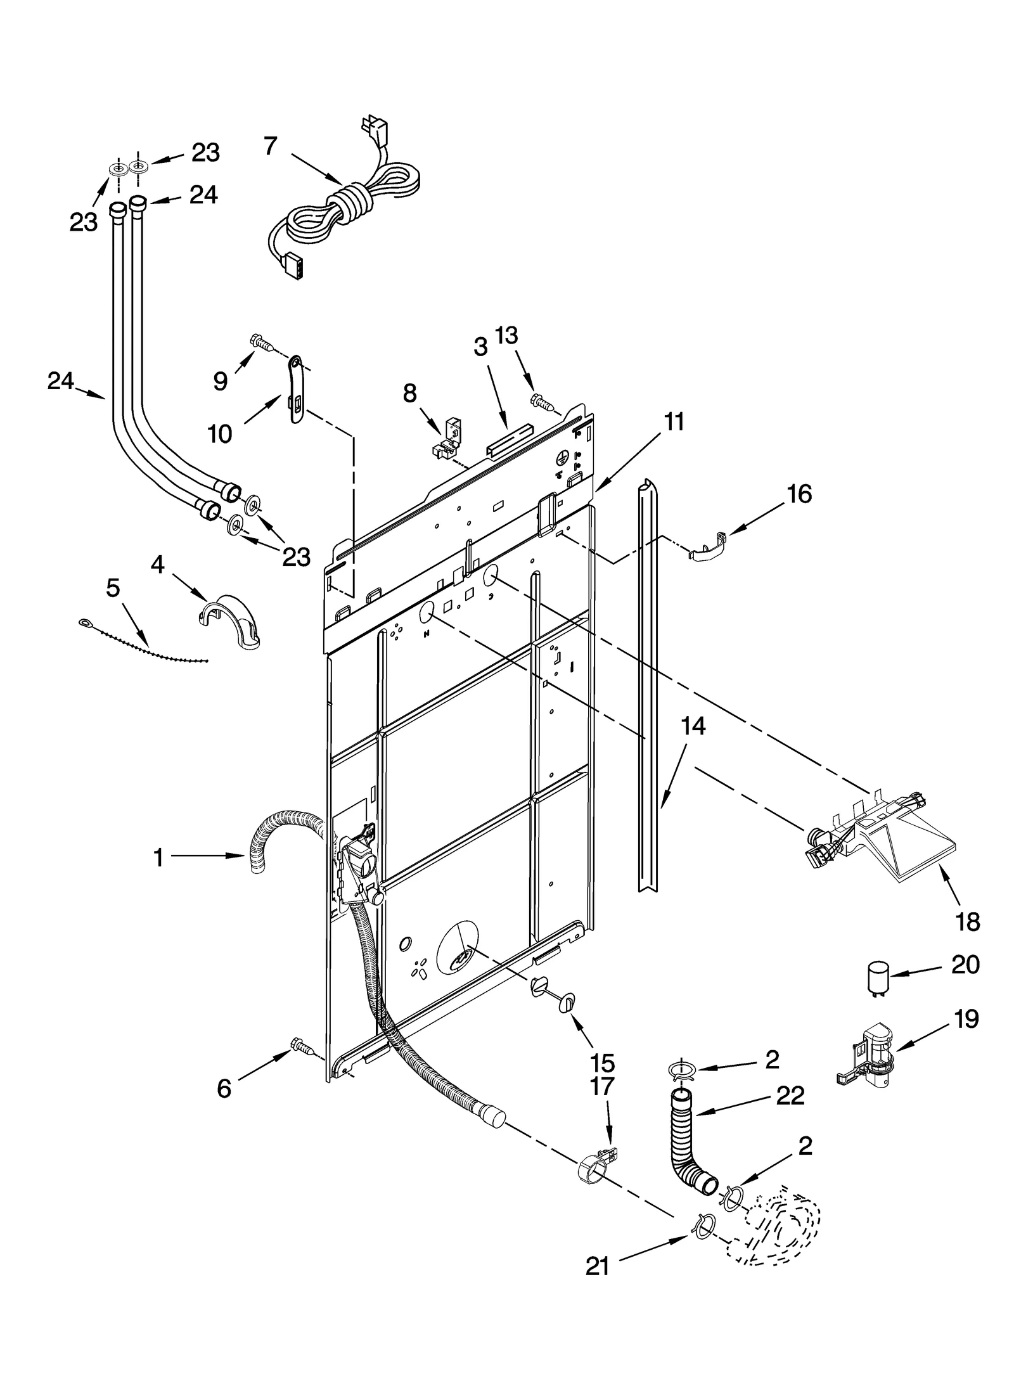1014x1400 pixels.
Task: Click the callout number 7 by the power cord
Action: [270, 146]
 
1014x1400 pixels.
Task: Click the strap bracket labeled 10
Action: [296, 388]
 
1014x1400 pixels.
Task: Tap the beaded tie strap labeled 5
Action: [146, 644]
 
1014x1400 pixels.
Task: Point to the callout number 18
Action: [968, 922]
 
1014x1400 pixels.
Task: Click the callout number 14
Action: [693, 726]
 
